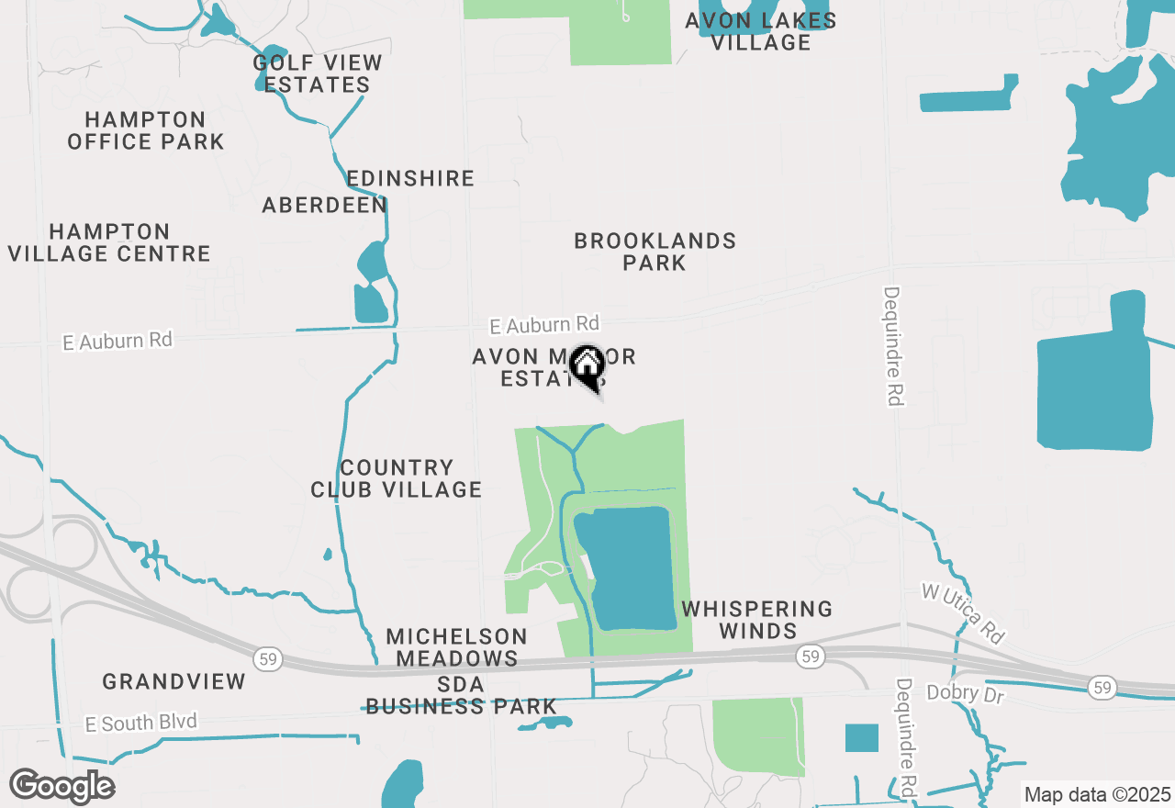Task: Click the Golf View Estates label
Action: click(x=317, y=74)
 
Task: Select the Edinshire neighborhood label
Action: click(x=410, y=178)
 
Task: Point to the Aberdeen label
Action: click(x=325, y=206)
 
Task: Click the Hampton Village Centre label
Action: click(x=109, y=242)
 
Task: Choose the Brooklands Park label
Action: click(x=655, y=252)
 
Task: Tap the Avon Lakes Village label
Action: click(x=761, y=31)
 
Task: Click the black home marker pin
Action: click(x=587, y=367)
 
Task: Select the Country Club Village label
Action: click(x=397, y=478)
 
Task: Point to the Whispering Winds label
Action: click(x=757, y=620)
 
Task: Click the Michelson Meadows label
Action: click(x=456, y=647)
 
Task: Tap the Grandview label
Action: click(x=174, y=681)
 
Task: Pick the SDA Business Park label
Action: click(x=461, y=695)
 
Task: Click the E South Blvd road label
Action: click(x=140, y=724)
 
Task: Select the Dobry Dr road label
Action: click(x=966, y=693)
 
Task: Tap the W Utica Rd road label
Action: click(x=963, y=612)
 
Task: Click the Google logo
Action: click(x=62, y=786)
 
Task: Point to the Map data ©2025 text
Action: click(x=1097, y=794)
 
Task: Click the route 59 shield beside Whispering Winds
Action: click(x=809, y=656)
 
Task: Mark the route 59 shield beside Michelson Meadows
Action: click(x=266, y=659)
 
